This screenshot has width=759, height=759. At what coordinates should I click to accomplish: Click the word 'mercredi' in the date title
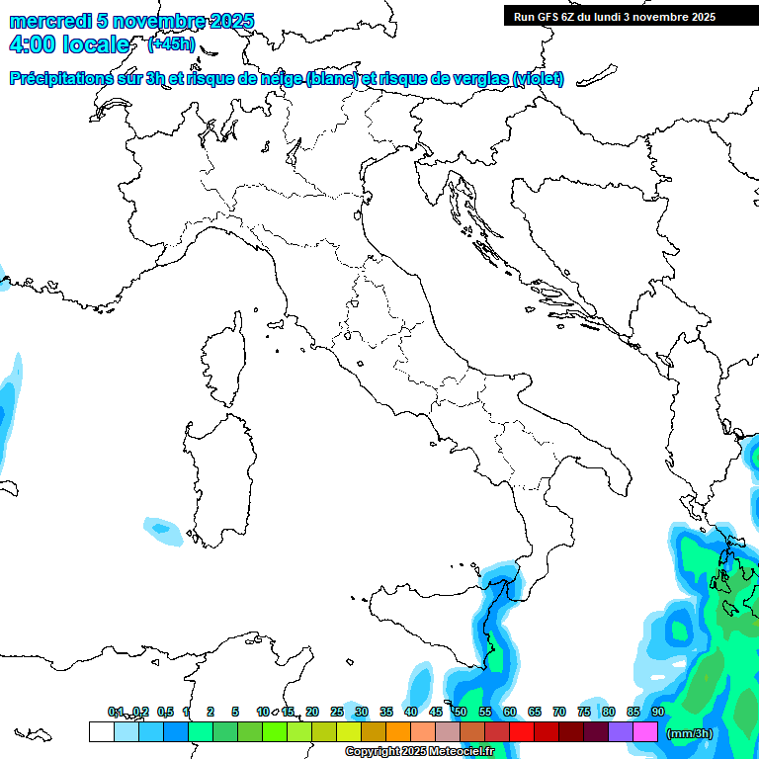coord(49,21)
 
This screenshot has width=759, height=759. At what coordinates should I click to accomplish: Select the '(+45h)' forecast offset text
coord(171,44)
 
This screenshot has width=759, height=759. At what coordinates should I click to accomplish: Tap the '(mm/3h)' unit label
coord(689,732)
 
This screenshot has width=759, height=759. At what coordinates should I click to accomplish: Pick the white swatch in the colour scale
coord(101,731)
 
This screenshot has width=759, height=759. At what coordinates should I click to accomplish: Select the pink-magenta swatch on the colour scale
coord(645,731)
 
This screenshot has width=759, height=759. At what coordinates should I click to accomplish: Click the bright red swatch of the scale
coord(522,731)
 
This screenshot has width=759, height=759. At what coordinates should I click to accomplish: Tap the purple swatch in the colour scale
coord(621,731)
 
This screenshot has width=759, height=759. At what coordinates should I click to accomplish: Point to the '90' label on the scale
coord(657,712)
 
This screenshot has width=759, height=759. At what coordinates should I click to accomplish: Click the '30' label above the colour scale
coord(362,712)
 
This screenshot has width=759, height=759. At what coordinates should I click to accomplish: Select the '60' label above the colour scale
coord(510,712)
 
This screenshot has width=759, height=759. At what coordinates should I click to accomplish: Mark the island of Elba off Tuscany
coord(278,323)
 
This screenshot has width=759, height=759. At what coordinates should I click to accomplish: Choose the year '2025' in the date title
coord(230,21)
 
